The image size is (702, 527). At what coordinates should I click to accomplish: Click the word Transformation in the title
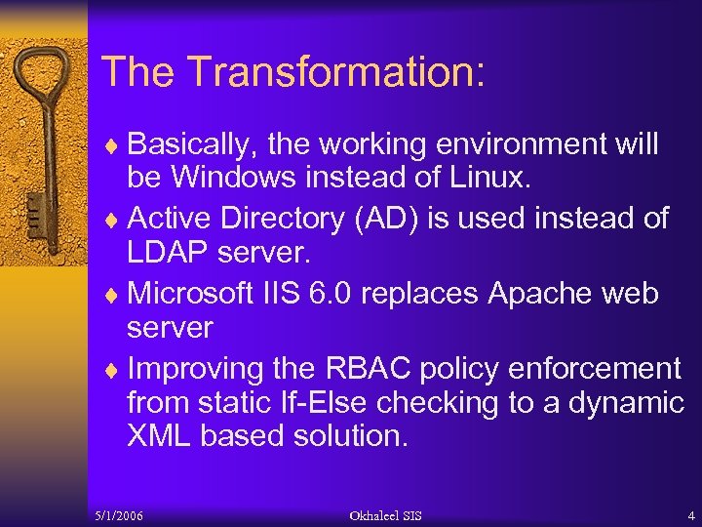click(335, 71)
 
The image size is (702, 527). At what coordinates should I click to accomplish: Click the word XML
click(159, 436)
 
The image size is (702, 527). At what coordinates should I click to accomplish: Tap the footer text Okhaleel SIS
click(387, 514)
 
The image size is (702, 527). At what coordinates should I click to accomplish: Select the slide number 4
click(690, 514)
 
